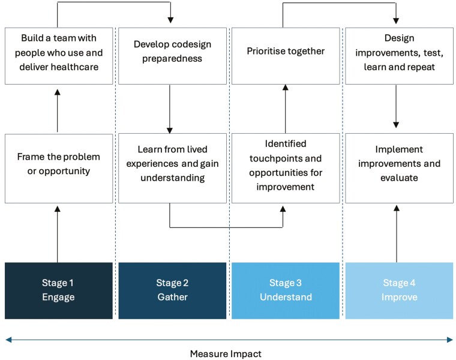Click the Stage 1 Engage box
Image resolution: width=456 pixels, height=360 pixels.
[59, 290]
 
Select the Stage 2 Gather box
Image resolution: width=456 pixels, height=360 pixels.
[172, 290]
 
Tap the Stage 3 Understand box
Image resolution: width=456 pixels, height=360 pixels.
[286, 290]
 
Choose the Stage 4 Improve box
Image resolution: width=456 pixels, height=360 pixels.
[399, 290]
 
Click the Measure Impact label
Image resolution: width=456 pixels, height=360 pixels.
[226, 354]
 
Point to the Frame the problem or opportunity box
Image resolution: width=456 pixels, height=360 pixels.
[59, 169]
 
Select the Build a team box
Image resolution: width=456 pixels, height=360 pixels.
[59, 56]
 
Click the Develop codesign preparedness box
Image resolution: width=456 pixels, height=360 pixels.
[172, 56]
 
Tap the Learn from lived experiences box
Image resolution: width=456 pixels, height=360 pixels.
[172, 169]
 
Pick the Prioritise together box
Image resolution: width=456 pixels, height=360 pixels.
[286, 56]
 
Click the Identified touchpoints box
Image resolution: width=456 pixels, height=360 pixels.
[286, 169]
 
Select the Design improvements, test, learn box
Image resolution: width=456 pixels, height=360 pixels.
[399, 56]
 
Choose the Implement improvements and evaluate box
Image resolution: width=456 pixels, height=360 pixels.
[399, 169]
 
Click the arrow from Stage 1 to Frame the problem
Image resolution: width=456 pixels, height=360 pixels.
[57, 235]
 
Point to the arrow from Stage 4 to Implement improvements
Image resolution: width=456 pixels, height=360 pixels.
[397, 234]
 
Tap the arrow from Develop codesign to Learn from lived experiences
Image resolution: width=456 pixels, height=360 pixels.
[170, 109]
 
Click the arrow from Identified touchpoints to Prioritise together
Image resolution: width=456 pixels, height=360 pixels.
[285, 109]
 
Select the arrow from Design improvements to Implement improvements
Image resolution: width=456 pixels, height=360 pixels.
[396, 106]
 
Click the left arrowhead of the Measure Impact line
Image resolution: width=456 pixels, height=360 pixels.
[8, 340]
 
